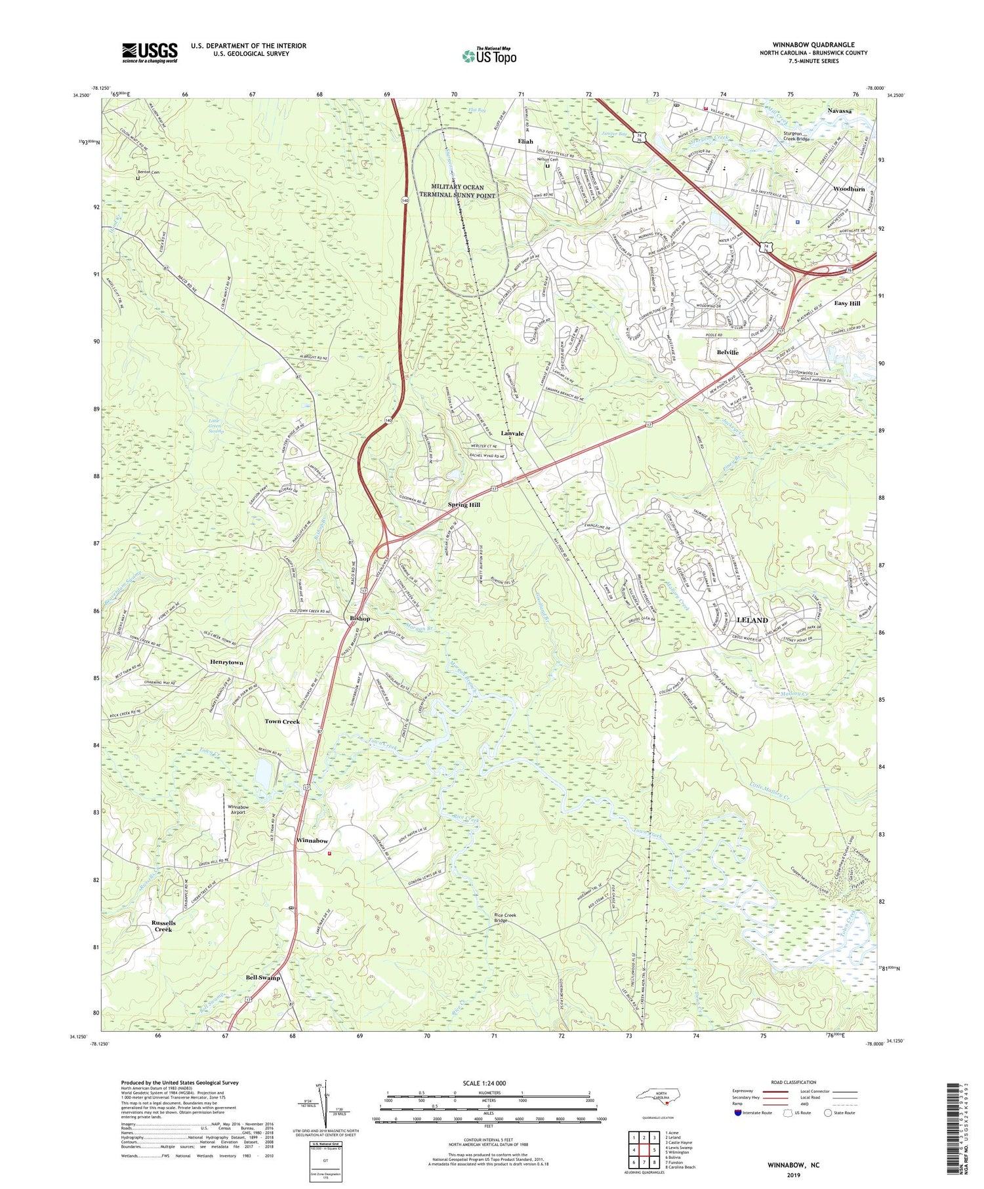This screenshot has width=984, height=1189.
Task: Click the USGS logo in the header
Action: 150,53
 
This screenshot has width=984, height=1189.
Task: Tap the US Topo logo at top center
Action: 489,56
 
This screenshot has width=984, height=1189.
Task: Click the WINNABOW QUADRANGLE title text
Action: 813,45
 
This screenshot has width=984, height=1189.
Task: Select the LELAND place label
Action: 752,620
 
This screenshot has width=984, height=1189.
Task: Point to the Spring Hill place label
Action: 464,504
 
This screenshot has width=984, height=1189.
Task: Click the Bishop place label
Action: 359,618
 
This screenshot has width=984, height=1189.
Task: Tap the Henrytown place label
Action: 226,662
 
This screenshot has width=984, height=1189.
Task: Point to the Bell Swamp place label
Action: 262,977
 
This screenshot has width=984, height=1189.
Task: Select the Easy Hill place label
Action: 847,304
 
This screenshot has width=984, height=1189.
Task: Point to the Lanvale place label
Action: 512,433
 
